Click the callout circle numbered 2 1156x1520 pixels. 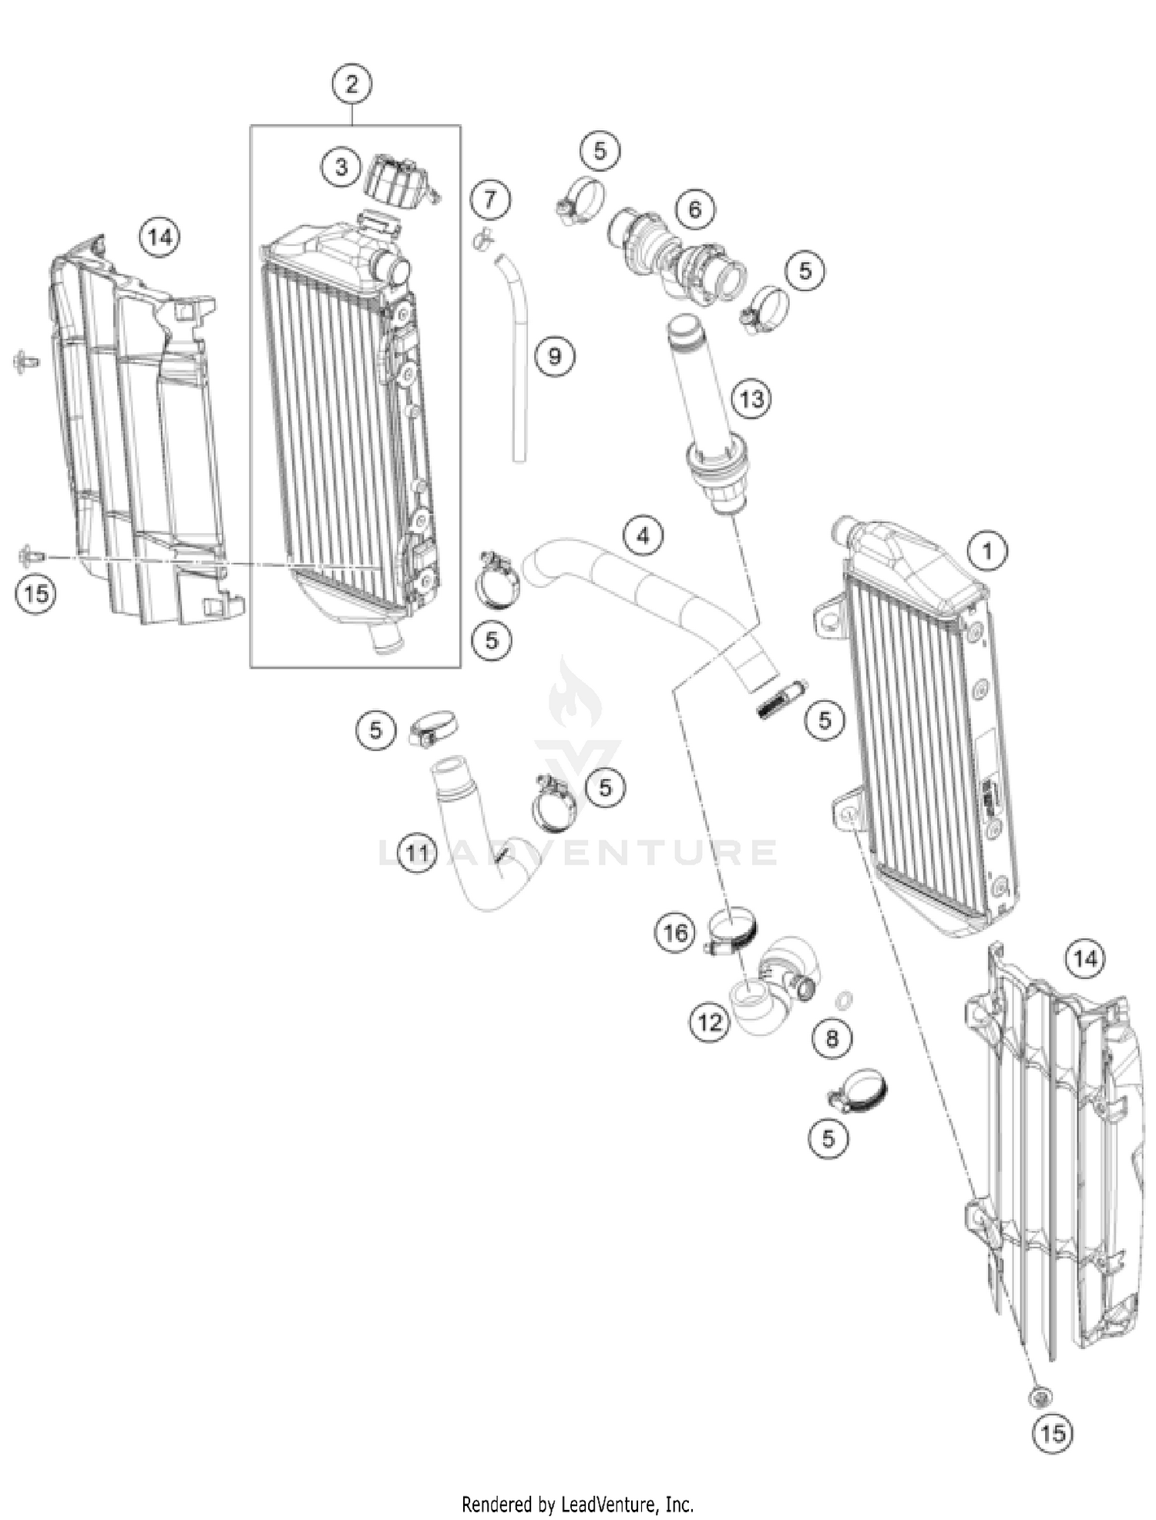point(351,83)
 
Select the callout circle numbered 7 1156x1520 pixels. point(490,200)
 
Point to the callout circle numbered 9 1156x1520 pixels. point(554,356)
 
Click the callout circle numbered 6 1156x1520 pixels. point(695,209)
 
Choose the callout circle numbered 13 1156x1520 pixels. point(751,399)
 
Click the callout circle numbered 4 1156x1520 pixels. point(644,535)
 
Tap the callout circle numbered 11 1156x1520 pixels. point(417,853)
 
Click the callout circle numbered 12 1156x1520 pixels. point(710,1022)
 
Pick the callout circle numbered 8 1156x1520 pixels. point(832,1039)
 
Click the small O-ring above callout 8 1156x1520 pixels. point(844,1000)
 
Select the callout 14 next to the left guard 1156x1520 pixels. point(160,237)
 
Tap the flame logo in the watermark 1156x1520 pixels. point(575,693)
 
